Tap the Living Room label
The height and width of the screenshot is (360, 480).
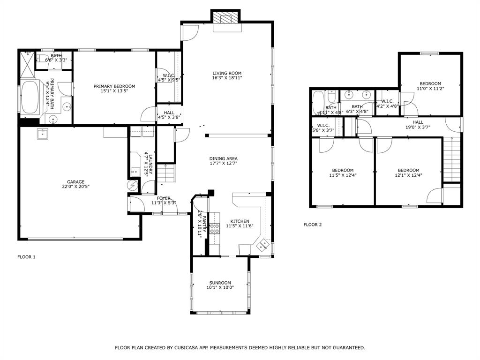[x=227, y=73]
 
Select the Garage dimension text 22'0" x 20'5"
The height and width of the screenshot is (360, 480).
[x=75, y=187]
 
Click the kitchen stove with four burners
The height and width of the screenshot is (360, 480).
[x=215, y=229]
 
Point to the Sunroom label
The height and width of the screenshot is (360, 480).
[x=220, y=283]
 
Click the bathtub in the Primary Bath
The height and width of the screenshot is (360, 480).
[x=31, y=97]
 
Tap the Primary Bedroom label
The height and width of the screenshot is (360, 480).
[x=114, y=86]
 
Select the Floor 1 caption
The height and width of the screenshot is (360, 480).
[x=26, y=257]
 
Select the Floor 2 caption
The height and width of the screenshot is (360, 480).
[x=313, y=225]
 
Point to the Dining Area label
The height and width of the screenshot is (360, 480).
[x=223, y=158]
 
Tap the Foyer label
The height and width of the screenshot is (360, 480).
[x=164, y=198]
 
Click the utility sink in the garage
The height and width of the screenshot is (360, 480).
[x=43, y=135]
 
